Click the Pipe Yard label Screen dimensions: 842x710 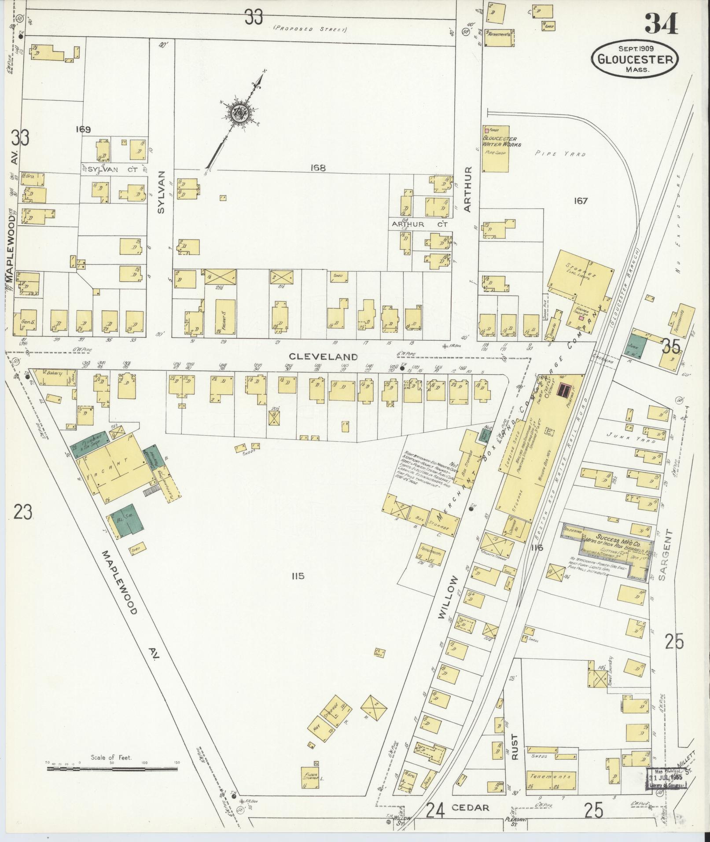561,154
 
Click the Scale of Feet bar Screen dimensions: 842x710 112,769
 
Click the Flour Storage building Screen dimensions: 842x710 312,778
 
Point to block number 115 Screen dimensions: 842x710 298,576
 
